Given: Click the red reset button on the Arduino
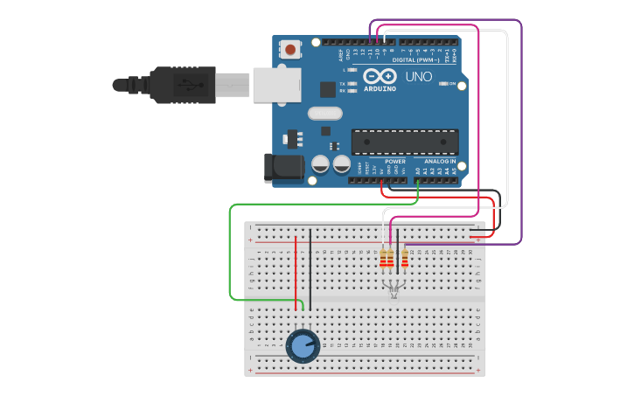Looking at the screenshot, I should point(289,49).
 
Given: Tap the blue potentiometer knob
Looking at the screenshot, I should point(302,346).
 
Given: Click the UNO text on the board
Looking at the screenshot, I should point(418,77).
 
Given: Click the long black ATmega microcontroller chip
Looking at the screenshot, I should point(404,142).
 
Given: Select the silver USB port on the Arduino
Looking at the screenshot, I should point(277,85).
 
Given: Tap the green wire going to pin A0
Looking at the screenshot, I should point(231,254).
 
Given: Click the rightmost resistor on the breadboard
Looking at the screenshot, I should point(405,259).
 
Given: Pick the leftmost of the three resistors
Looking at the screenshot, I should point(383,259).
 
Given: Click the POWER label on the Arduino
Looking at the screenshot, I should point(395,162).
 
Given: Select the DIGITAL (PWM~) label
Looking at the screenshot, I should point(416,60).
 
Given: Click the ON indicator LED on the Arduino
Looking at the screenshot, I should point(444,84).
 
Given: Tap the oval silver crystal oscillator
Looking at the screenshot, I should point(324,113).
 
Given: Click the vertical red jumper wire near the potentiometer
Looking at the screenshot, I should point(296,271).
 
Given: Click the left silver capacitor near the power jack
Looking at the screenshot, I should point(320,164).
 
